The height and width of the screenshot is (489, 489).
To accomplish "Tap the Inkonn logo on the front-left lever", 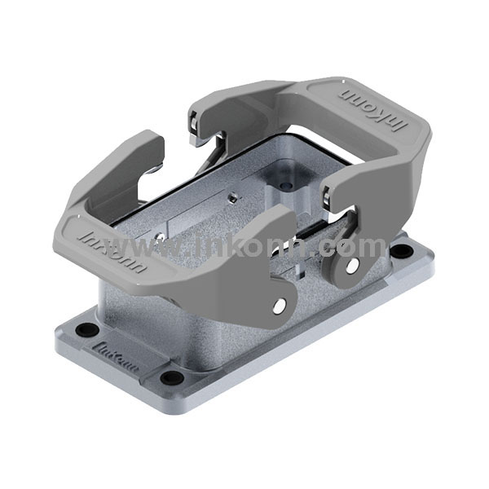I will click(113, 252).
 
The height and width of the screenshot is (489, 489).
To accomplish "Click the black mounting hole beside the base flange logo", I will click(85, 330).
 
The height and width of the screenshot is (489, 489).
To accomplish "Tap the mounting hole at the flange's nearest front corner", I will click(171, 377).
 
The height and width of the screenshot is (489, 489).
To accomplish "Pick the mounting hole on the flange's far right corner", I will click(400, 249).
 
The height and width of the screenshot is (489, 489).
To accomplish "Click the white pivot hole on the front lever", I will click(280, 306).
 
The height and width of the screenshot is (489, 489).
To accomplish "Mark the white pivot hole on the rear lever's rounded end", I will click(351, 266).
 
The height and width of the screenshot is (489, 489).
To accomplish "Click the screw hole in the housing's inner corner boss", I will click(285, 186).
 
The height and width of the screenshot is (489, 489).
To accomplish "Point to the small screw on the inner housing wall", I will click(232, 196).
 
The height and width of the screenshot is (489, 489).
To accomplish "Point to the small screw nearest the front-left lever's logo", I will click(161, 237).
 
